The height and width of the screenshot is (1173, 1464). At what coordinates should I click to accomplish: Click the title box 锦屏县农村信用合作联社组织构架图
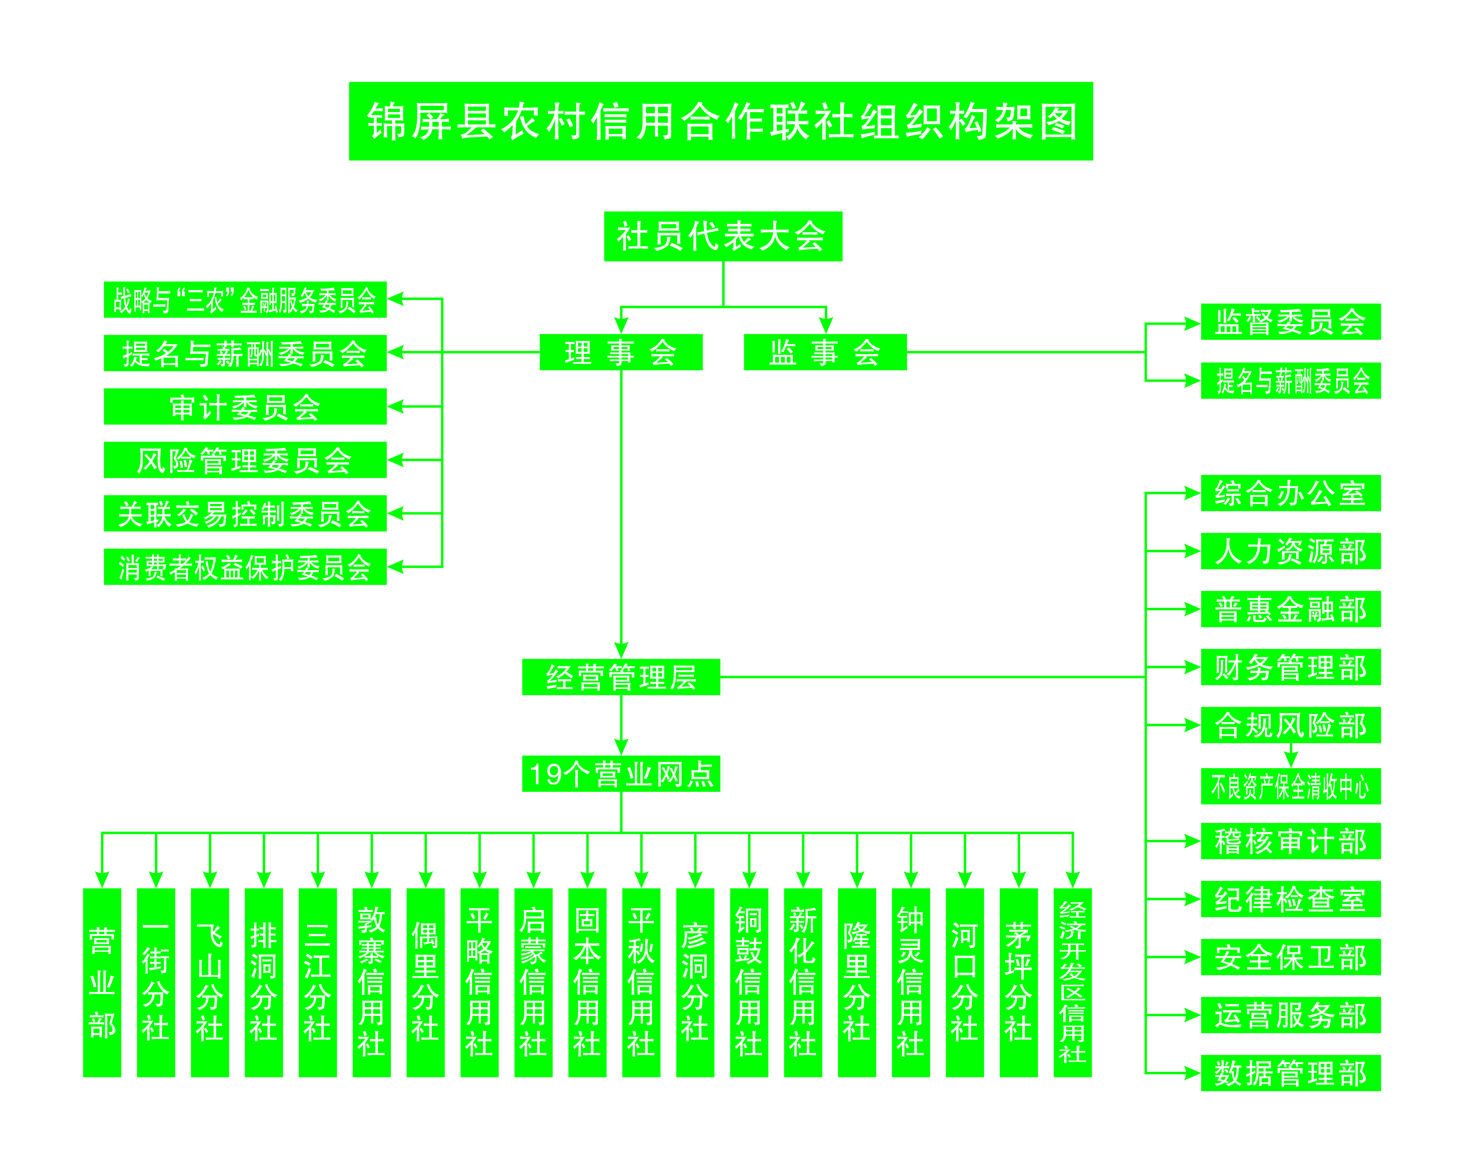721,122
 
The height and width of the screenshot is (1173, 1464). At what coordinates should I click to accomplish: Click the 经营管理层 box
621,677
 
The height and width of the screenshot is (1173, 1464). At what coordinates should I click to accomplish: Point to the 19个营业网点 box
621,774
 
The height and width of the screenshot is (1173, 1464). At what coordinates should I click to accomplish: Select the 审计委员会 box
245,407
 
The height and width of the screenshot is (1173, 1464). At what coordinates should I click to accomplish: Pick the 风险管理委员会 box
245,460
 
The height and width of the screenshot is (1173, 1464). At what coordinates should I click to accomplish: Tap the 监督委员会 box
1290,322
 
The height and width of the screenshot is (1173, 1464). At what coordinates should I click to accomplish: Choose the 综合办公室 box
1290,493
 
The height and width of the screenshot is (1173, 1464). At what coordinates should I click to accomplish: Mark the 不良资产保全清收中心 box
1290,787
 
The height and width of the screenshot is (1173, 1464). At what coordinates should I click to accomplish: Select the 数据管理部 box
1290,1073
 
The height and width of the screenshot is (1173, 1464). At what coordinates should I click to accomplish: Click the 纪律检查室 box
1290,899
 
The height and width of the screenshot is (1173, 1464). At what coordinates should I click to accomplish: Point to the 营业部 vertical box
102,982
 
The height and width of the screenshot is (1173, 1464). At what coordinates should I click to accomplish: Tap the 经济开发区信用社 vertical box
1072,982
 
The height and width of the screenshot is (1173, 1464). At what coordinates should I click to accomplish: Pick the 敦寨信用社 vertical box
371,982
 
